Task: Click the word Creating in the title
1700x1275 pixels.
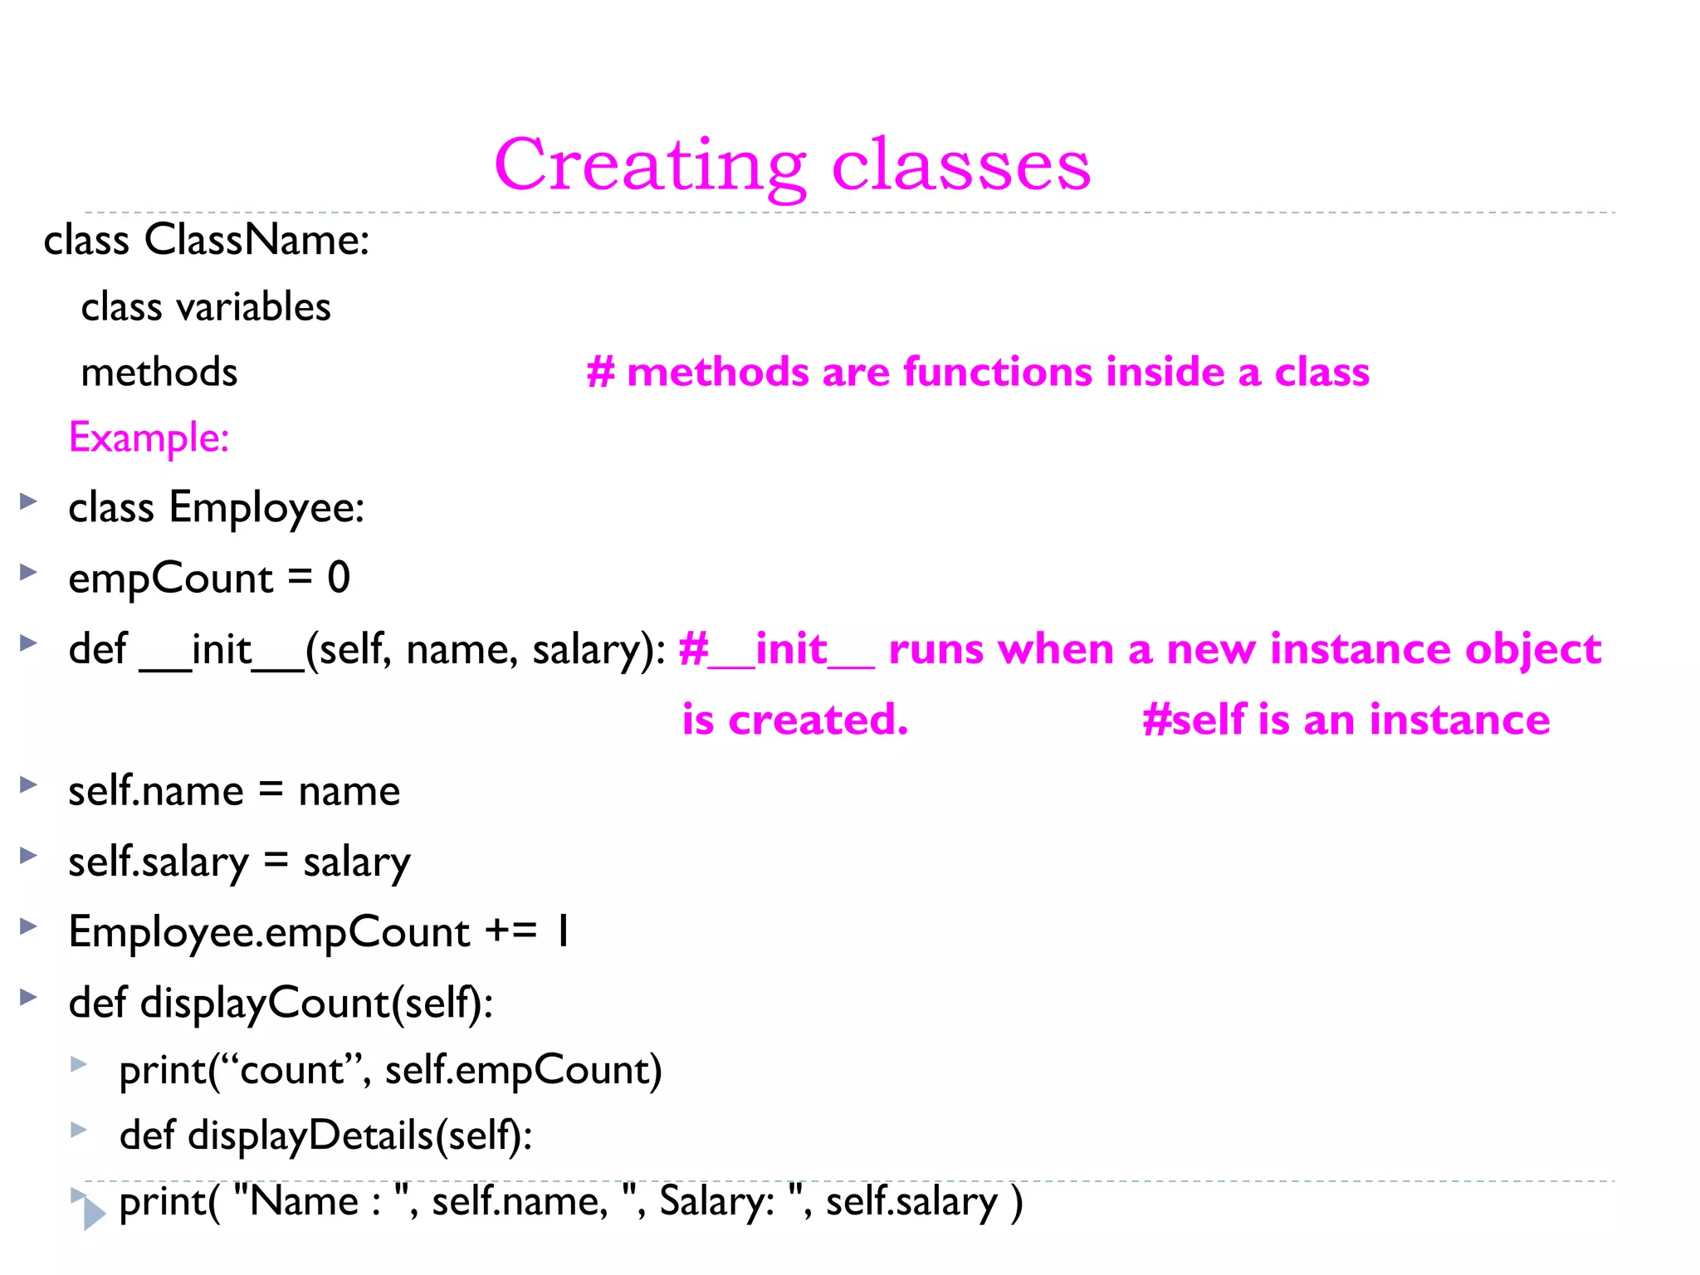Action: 650,166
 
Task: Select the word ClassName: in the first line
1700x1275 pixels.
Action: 256,241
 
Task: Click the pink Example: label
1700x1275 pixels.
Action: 149,438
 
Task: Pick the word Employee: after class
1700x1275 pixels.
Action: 266,507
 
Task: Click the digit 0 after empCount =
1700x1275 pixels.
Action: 339,578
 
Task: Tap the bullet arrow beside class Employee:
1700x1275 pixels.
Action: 29,501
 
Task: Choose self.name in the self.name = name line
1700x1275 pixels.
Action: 156,791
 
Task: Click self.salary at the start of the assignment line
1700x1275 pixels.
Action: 158,862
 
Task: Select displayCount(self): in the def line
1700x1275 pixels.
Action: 316,1003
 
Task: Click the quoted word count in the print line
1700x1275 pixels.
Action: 291,1071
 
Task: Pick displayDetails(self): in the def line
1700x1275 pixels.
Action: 359,1136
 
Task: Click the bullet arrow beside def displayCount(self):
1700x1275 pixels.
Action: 29,996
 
